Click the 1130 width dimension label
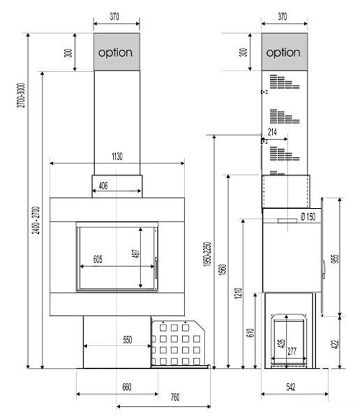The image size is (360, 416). [117, 156]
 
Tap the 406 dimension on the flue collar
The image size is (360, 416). [103, 186]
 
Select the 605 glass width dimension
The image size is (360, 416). [98, 259]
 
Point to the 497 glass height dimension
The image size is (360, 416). [135, 253]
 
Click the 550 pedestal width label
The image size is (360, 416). [127, 340]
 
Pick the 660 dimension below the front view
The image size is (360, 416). [127, 386]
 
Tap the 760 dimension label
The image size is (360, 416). [175, 397]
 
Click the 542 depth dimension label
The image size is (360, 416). [291, 386]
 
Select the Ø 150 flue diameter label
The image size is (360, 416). [308, 217]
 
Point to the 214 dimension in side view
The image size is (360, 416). [272, 132]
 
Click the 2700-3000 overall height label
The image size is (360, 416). [21, 95]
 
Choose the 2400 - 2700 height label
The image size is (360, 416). [35, 220]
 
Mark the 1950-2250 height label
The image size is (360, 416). [207, 254]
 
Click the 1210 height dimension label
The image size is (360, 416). [238, 293]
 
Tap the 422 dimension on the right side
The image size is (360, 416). [336, 344]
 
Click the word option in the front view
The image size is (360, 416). [115, 53]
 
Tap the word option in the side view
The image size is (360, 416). [283, 53]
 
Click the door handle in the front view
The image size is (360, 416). [156, 268]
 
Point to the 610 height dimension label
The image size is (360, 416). [251, 333]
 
